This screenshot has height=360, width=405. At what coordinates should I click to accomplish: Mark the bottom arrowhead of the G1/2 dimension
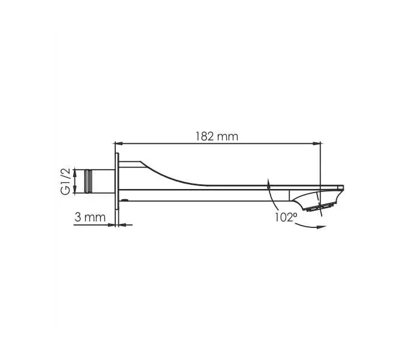(76, 190)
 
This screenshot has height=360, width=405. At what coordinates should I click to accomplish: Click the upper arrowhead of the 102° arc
(268, 182)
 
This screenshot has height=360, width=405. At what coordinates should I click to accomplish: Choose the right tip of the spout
(344, 187)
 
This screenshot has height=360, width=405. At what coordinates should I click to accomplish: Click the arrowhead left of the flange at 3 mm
(111, 225)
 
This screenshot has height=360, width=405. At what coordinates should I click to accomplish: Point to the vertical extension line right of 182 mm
(321, 162)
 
